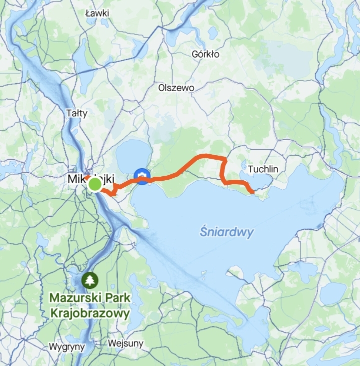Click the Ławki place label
(x=97, y=13)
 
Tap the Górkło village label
(x=205, y=54)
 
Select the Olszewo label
(x=176, y=87)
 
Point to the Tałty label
(x=76, y=113)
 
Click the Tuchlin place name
(x=263, y=169)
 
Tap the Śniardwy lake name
(x=226, y=232)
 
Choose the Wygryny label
(x=67, y=346)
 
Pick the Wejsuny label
(x=125, y=343)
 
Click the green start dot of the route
(x=95, y=185)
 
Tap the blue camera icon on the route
(x=142, y=176)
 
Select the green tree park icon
(x=90, y=279)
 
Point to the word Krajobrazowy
(x=90, y=314)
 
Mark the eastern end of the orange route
(x=253, y=192)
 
